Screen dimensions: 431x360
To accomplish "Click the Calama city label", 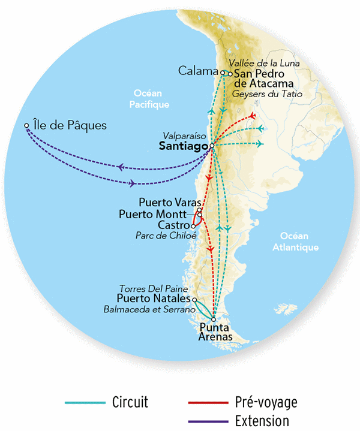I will [x=197, y=71].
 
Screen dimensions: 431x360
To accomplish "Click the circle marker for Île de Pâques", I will [x=26, y=126].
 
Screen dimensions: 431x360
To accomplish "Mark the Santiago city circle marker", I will [x=212, y=146].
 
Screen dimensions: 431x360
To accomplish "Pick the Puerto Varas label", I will [x=169, y=202].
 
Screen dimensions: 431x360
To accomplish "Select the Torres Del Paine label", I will [x=156, y=288].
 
